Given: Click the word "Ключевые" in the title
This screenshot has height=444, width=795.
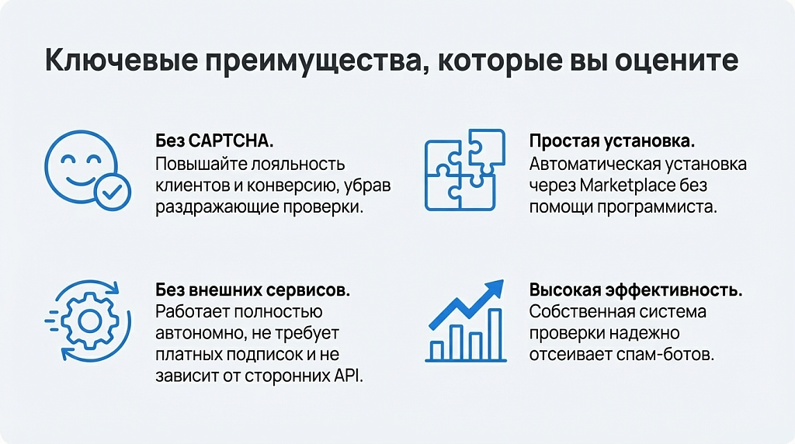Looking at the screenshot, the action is click(122, 60).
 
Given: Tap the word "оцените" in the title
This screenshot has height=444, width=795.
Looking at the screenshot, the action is click(676, 60).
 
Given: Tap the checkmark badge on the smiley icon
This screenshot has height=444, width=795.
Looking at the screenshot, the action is click(113, 191).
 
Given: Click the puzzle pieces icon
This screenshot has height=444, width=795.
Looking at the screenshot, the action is click(465, 170).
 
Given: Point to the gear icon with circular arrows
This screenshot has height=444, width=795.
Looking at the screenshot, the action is click(89, 321).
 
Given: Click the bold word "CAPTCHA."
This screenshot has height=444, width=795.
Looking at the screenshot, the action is click(231, 141).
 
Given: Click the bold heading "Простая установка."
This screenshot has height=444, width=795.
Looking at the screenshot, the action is click(612, 141).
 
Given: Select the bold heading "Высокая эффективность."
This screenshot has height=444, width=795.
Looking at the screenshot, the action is click(636, 290).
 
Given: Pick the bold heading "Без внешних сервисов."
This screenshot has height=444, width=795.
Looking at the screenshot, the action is click(252, 290).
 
